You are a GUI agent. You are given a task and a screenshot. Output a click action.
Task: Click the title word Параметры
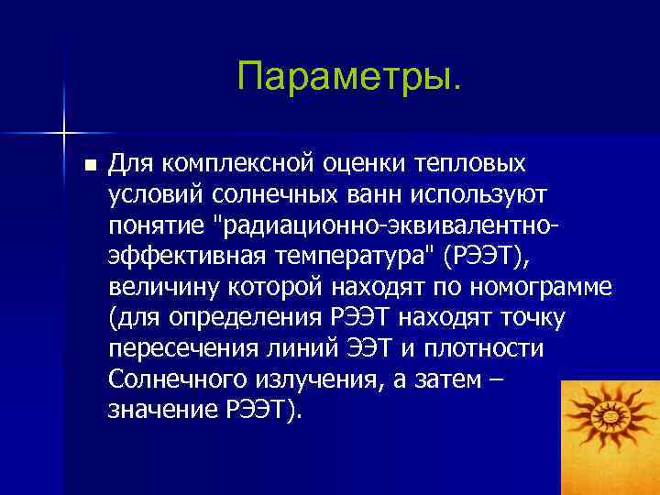click(x=349, y=78)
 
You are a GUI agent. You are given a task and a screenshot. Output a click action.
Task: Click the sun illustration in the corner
click(x=610, y=425)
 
